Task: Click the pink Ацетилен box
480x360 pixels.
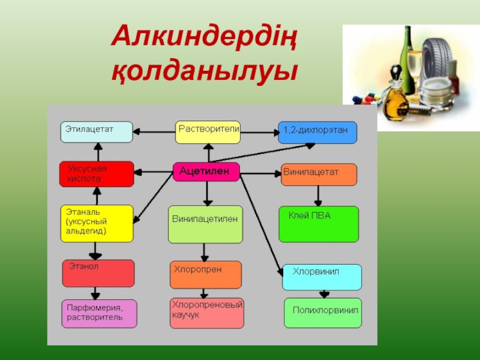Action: [x=206, y=172]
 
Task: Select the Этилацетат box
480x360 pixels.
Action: [x=96, y=132]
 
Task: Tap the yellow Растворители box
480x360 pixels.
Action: [x=208, y=132]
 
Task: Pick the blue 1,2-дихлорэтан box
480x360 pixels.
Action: [x=317, y=132]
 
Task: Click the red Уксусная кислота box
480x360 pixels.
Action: [x=96, y=174]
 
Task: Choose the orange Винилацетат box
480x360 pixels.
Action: [x=319, y=174]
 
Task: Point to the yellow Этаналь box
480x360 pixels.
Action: [x=96, y=223]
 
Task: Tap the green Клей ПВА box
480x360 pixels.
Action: [x=319, y=224]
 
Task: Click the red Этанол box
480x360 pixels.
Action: [x=98, y=274]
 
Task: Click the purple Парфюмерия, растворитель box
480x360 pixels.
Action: [x=99, y=313]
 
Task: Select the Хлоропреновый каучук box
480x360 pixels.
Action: [x=207, y=313]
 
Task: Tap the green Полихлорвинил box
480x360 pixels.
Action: [x=323, y=313]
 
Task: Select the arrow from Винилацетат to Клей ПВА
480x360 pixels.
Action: [x=318, y=196]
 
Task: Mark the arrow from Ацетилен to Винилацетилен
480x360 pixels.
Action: [x=206, y=193]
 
